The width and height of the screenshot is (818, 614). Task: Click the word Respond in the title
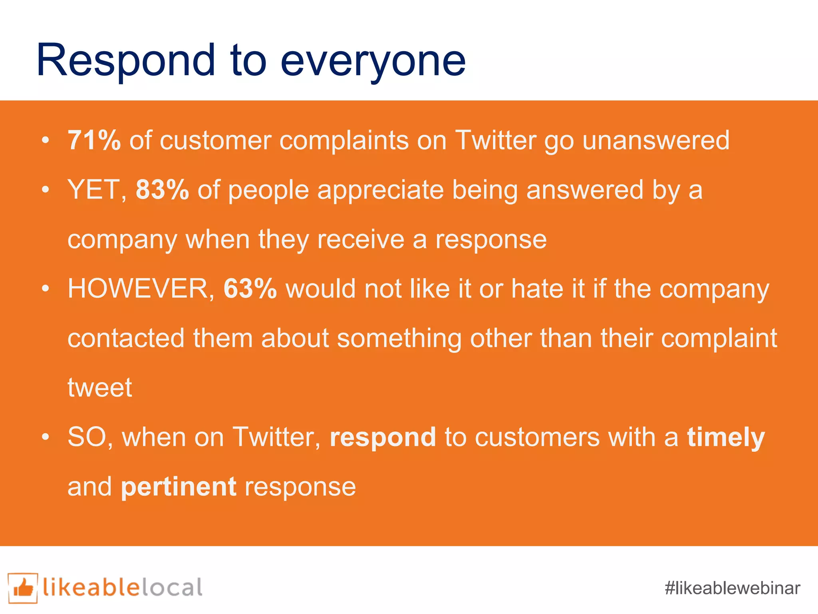[126, 61]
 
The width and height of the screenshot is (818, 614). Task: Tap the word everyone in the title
[373, 62]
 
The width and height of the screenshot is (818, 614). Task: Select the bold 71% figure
[94, 140]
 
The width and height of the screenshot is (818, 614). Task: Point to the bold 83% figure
[162, 189]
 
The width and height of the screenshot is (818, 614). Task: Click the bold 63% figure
[250, 288]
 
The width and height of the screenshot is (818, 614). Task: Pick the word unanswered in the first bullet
[656, 140]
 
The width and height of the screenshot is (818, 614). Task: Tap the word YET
[95, 189]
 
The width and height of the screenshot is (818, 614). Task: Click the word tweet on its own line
[100, 387]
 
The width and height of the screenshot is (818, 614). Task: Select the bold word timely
[726, 437]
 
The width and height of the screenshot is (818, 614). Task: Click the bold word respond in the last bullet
[383, 437]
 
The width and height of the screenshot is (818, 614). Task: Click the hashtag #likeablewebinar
[733, 588]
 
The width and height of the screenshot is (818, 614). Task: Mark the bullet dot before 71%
[46, 140]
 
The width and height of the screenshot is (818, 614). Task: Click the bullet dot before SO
[46, 437]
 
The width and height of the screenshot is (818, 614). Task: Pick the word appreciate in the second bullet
[380, 189]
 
